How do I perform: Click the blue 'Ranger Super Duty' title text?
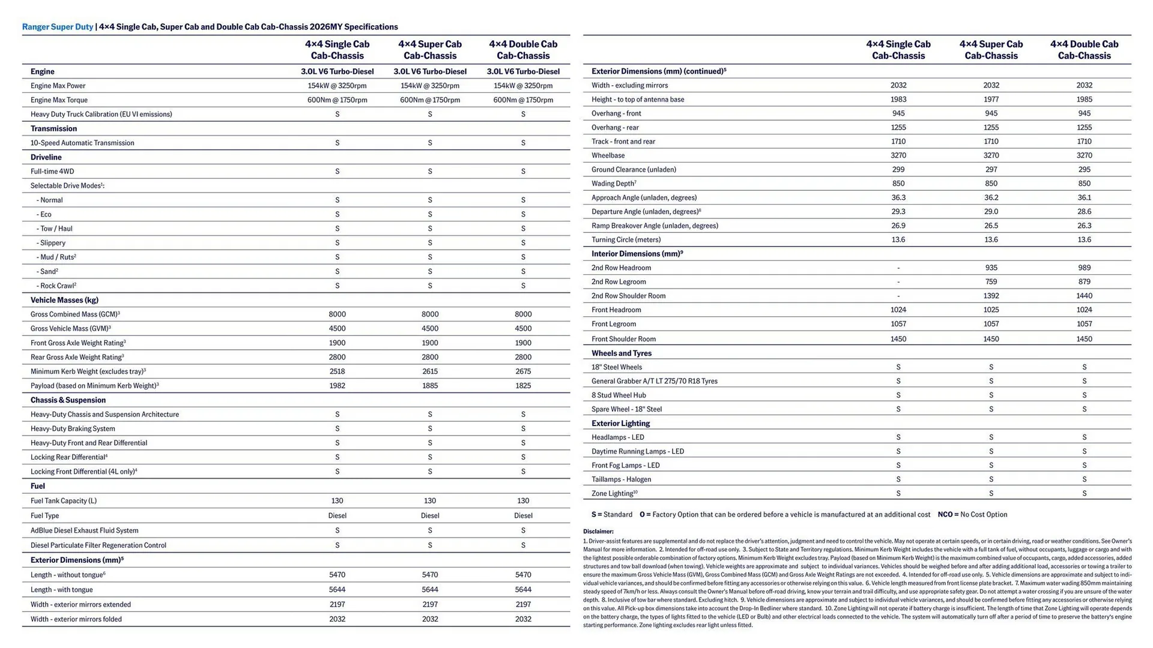click(x=58, y=26)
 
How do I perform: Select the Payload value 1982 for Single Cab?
click(x=337, y=386)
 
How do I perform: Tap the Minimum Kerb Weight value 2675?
click(x=522, y=371)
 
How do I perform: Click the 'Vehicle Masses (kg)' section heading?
click(x=64, y=300)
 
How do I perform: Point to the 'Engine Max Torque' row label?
click(x=59, y=100)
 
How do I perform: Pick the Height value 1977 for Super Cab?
click(x=991, y=100)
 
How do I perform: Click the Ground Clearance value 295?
click(x=1084, y=170)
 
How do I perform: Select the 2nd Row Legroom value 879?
click(x=1084, y=282)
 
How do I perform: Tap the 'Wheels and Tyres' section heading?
click(x=621, y=353)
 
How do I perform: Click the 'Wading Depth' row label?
click(x=613, y=184)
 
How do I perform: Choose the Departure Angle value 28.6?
click(x=1084, y=212)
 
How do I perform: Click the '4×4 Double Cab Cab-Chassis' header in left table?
click(x=522, y=50)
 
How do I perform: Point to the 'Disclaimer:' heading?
click(x=598, y=532)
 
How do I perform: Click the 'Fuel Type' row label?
click(x=44, y=516)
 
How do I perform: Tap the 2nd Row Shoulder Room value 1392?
click(x=991, y=296)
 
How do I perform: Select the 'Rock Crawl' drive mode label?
click(x=57, y=286)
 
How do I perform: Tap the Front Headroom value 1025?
click(x=991, y=310)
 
